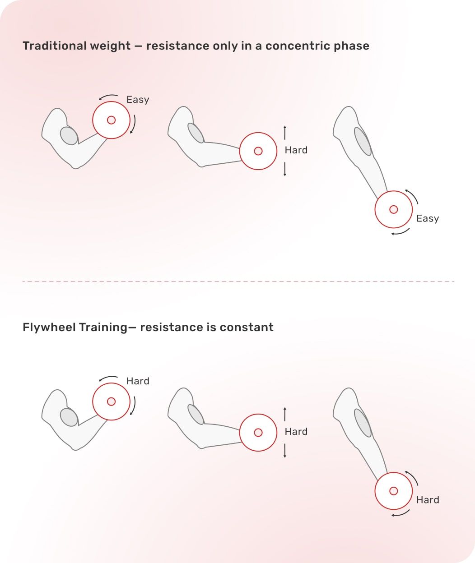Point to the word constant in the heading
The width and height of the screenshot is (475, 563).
tap(247, 328)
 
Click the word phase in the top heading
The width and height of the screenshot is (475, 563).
tap(351, 46)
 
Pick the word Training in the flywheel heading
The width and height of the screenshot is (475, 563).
tap(103, 328)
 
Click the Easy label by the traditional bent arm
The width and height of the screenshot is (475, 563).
tap(138, 100)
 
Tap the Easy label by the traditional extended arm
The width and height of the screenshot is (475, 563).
tap(428, 219)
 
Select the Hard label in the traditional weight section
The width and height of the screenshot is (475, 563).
tap(296, 150)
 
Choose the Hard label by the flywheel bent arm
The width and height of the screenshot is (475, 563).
tap(138, 381)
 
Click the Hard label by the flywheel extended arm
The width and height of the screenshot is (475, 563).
tap(428, 500)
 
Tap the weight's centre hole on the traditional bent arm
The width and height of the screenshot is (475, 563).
tap(111, 120)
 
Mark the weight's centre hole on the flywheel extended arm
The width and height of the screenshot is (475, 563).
tap(393, 491)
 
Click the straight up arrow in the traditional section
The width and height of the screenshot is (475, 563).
tap(285, 133)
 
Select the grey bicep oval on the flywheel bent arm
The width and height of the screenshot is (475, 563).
tap(69, 417)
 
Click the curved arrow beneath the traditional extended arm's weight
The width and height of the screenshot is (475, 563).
tap(401, 232)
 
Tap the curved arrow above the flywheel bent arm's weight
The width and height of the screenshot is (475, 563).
tap(108, 378)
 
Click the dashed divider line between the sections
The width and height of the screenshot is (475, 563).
tap(238, 281)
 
